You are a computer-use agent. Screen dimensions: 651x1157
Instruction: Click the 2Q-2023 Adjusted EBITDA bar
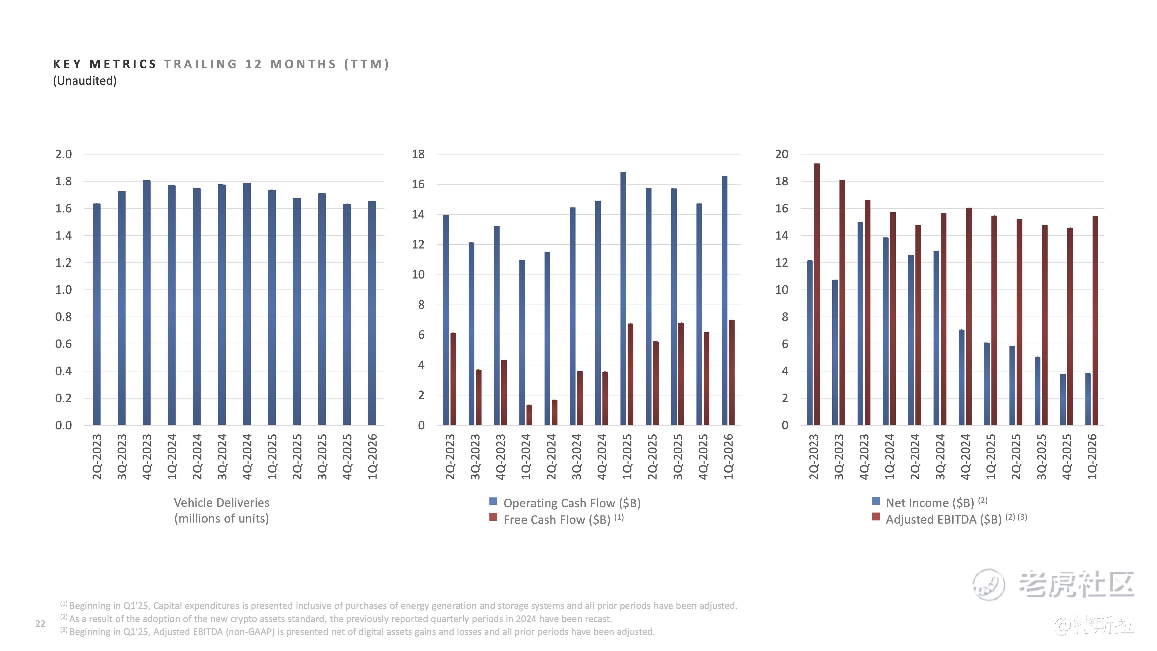click(x=817, y=294)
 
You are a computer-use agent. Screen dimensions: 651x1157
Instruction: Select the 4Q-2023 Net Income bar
click(x=860, y=324)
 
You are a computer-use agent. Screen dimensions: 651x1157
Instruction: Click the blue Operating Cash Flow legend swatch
click(x=493, y=501)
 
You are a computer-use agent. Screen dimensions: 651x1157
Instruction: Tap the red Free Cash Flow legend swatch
click(x=493, y=517)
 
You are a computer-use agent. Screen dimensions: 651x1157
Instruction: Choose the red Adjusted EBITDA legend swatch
click(x=875, y=517)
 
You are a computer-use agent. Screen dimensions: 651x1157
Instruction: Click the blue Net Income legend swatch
click(x=875, y=501)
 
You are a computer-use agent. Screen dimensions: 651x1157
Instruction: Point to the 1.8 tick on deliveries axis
click(x=63, y=182)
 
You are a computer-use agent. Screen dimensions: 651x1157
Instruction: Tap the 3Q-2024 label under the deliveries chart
click(x=222, y=456)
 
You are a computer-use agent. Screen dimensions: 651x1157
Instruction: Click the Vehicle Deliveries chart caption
click(x=222, y=510)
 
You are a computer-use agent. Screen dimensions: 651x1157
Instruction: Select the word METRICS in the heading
click(x=123, y=64)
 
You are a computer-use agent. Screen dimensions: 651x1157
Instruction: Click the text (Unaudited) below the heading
click(x=85, y=81)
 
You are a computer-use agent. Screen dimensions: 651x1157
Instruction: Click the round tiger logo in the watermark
click(x=989, y=584)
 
